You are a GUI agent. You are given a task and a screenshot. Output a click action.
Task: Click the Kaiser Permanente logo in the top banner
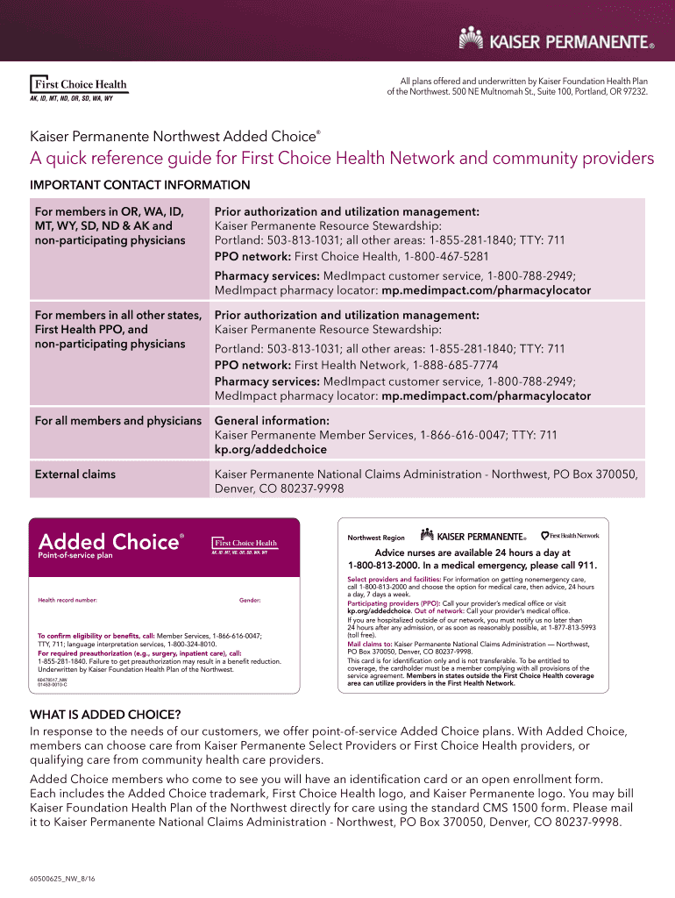558,39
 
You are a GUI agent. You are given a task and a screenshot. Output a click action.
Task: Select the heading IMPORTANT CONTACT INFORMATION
140,185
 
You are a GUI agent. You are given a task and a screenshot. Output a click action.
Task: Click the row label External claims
75,474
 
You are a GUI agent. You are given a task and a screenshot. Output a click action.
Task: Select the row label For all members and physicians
117,421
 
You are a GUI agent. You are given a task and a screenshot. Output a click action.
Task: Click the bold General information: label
272,421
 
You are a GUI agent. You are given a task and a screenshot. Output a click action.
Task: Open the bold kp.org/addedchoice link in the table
270,449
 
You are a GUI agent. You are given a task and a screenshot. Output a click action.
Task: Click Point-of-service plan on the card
75,556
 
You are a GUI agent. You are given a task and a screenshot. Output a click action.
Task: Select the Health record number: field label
67,601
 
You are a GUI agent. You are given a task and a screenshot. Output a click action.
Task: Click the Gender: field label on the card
250,601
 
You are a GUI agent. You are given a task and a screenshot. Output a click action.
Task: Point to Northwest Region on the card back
376,538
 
